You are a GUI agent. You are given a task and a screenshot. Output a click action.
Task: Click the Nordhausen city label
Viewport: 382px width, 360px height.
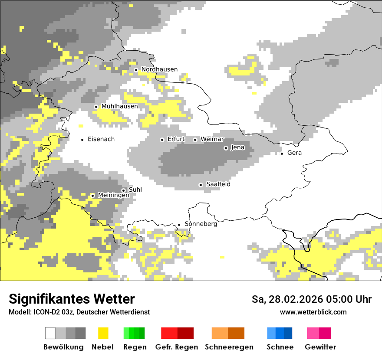click(159, 69)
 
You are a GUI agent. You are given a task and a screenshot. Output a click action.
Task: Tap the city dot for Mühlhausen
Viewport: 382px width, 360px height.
click(96, 107)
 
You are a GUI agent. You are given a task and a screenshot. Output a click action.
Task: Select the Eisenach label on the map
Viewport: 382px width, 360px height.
click(101, 139)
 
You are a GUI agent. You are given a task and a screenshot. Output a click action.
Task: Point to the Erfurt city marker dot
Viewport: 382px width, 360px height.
click(162, 140)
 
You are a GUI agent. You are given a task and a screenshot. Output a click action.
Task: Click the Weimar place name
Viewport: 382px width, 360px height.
click(212, 139)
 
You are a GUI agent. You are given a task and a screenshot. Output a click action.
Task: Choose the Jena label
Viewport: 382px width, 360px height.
click(237, 147)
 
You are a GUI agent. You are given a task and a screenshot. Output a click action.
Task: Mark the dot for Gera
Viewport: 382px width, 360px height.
click(282, 153)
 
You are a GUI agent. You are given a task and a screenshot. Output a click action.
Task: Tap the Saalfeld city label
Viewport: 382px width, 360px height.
click(218, 184)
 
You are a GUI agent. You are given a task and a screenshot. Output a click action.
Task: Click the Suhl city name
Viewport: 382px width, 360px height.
click(135, 190)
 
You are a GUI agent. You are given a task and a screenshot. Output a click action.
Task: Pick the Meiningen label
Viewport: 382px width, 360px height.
click(113, 195)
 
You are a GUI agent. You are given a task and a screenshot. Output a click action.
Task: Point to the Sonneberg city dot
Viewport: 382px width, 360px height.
click(179, 225)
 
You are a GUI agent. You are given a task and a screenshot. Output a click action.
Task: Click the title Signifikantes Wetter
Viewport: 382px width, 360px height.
click(72, 299)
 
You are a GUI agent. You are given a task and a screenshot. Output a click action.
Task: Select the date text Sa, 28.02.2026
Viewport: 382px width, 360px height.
click(288, 300)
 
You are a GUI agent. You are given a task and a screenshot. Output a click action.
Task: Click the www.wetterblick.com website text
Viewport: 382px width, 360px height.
click(313, 312)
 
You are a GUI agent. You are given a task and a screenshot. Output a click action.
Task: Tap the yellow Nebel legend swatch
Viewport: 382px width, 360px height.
click(103, 333)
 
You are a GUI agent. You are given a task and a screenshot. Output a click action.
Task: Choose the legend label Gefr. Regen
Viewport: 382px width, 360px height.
click(177, 347)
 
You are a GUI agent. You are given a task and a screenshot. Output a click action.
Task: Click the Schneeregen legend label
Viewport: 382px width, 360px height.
click(229, 347)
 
